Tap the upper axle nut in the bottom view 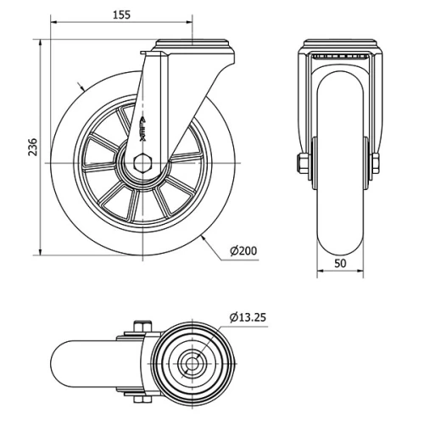tap(141, 327)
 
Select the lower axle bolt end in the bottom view tap(141, 405)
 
